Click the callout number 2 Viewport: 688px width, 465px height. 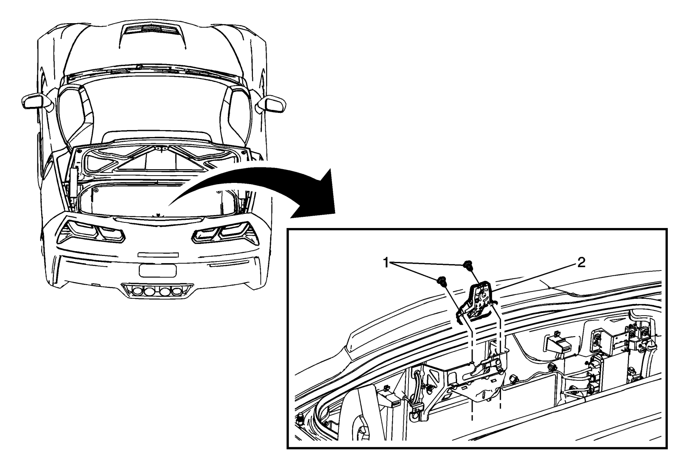(581, 263)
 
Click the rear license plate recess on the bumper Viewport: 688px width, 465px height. (157, 270)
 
